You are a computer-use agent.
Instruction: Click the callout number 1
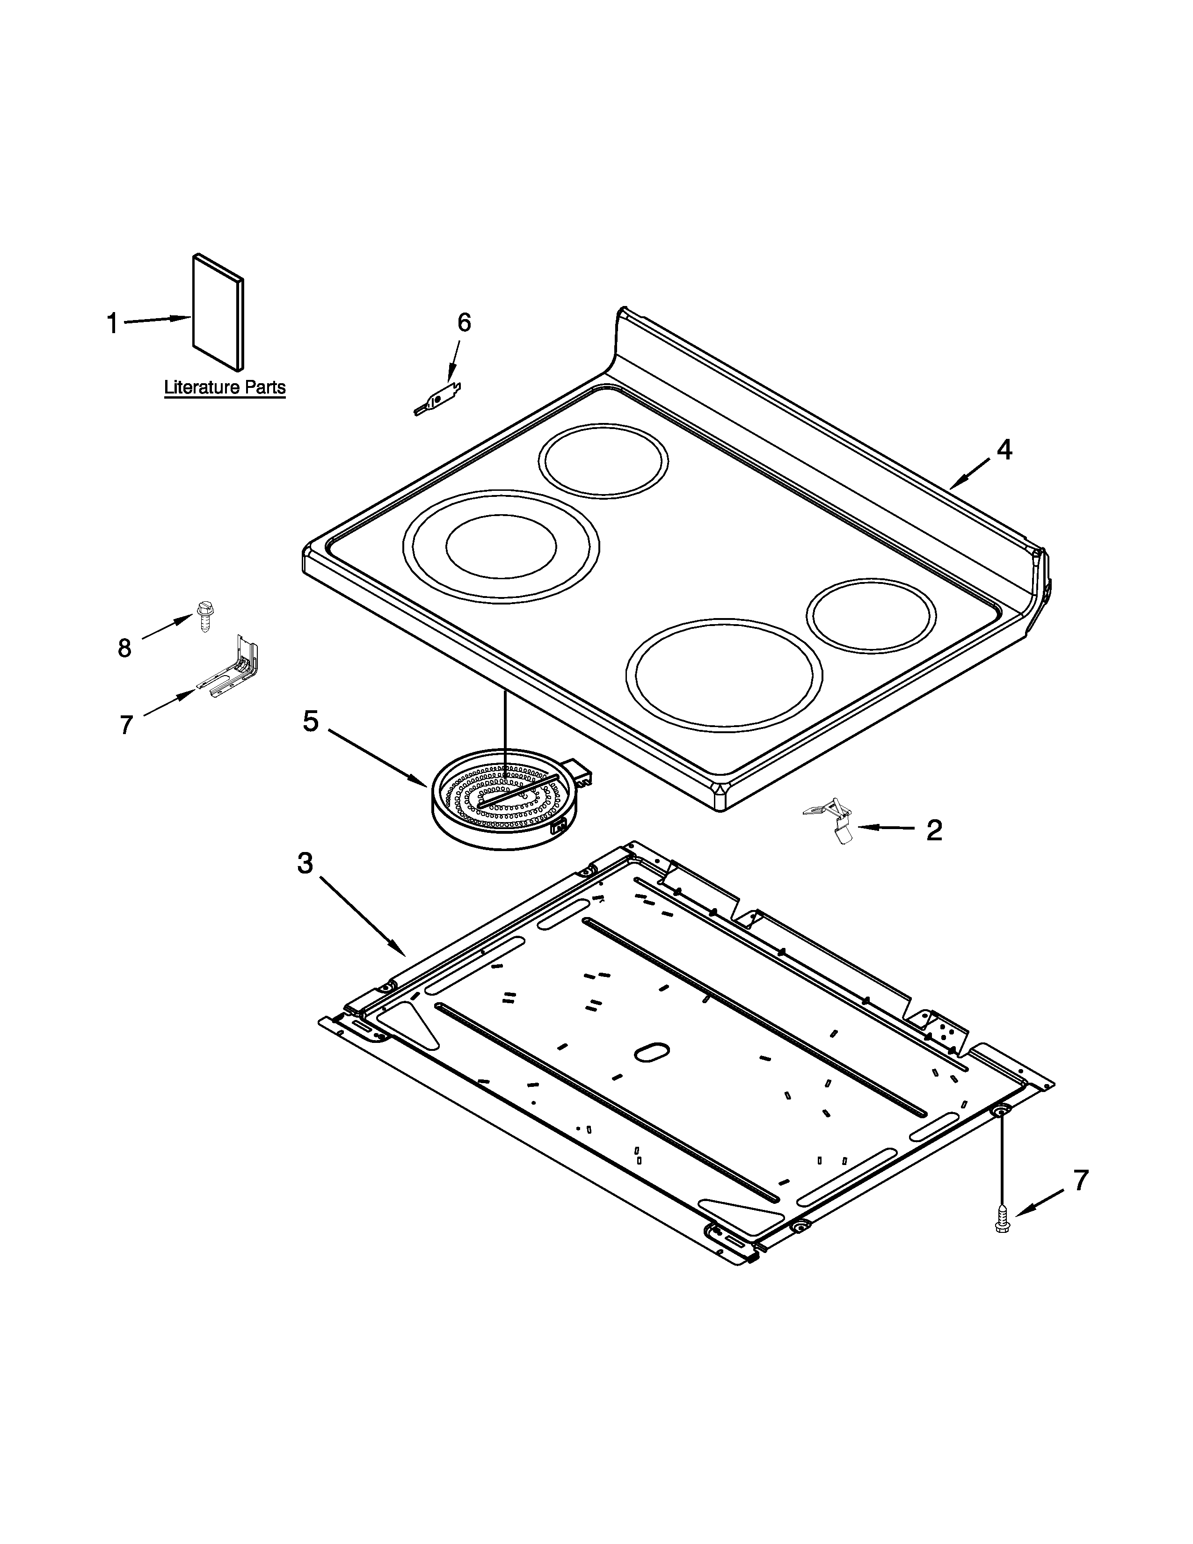(112, 324)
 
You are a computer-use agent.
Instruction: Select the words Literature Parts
(225, 387)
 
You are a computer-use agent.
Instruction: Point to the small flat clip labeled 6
(438, 400)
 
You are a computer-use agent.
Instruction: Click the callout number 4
(1004, 450)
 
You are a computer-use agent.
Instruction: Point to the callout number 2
(934, 830)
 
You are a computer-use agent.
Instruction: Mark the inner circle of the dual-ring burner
(501, 546)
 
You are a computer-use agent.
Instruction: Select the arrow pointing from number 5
(375, 757)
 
